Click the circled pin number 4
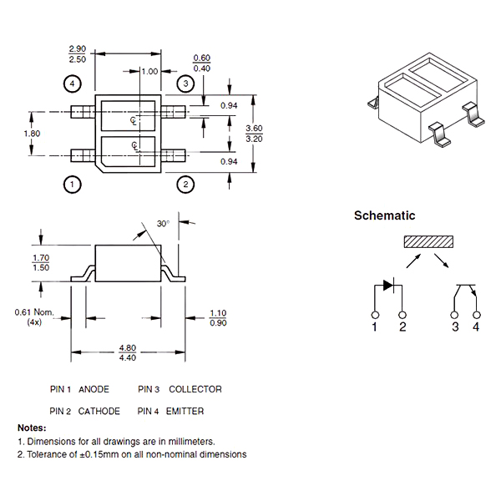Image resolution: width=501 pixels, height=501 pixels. coord(73,83)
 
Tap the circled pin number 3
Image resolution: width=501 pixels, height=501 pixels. coord(186,83)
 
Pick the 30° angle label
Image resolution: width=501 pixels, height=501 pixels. coord(163,224)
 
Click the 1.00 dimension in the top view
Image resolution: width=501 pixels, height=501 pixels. coord(149,72)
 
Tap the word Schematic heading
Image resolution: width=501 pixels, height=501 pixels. coord(384,215)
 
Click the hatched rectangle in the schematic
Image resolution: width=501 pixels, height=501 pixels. coord(428,242)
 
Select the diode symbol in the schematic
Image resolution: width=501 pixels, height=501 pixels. coord(388,286)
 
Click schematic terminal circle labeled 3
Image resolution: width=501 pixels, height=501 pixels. coord(455,314)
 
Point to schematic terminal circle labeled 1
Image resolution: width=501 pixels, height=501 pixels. coord(375,314)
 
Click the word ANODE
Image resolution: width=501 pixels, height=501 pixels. coord(94,389)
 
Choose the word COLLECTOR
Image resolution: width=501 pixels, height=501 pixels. coord(195,389)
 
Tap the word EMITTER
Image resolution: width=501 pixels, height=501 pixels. coord(186,411)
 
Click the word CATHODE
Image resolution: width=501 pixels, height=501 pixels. coord(99,411)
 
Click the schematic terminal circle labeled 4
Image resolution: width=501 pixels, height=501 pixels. coord(477,314)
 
